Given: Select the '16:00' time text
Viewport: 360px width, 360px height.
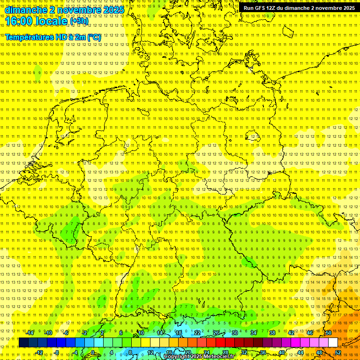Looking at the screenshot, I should coord(19,21).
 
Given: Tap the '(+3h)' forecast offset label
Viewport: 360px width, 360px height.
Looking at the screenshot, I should coord(78,21).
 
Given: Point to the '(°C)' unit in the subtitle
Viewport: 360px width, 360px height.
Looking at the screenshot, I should coord(93,37).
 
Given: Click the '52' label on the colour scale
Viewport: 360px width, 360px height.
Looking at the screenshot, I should coord(338,352).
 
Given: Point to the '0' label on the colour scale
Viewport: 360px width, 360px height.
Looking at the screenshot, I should coord(93,352).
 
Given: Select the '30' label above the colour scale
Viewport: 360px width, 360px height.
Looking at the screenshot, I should coord(235,333).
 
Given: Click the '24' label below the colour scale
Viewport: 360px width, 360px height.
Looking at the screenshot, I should coord(207,352).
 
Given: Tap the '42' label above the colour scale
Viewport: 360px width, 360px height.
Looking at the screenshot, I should coord(291,333).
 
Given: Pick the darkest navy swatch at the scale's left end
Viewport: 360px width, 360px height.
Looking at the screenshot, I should coord(23,342).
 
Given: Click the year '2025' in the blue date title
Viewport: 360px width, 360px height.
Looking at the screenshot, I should coord(113,9).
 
